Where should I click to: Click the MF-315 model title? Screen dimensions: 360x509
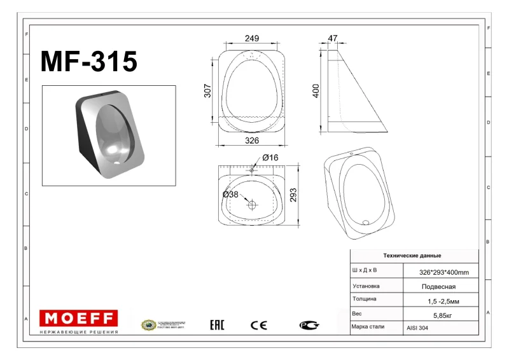point(88,62)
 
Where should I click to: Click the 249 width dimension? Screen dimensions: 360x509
point(252,39)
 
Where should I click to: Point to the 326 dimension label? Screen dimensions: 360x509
point(252,140)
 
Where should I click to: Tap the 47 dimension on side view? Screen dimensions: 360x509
point(332,39)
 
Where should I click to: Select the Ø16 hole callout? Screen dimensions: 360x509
point(270,158)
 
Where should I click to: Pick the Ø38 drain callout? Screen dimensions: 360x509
point(230,195)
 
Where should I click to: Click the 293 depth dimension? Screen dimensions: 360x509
point(293,195)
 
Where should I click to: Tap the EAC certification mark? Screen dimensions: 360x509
point(217,325)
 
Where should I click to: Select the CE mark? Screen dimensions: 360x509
point(259,325)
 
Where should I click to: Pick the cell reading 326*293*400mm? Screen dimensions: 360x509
point(443,272)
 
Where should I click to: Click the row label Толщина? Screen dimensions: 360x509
point(365,300)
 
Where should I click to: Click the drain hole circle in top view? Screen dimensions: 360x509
point(252,205)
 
